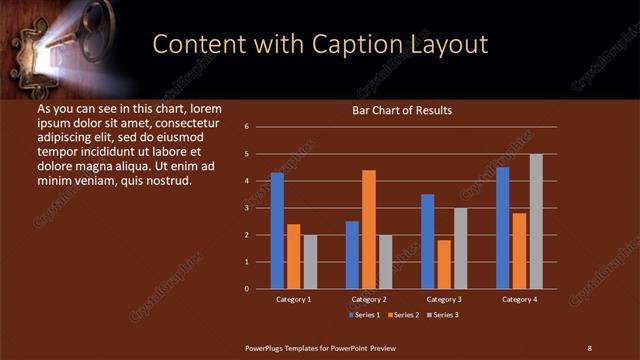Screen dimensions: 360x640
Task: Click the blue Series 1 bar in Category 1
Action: click(x=277, y=231)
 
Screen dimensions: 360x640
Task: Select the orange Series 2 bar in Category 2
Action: click(x=369, y=229)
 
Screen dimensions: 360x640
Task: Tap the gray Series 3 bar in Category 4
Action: click(x=536, y=221)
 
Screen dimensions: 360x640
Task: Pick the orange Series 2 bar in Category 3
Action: click(x=444, y=264)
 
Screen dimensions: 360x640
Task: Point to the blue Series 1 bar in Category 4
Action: click(x=503, y=228)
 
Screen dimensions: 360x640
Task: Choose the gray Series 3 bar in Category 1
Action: click(x=310, y=262)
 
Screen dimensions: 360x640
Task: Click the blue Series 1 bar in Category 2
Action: click(x=352, y=255)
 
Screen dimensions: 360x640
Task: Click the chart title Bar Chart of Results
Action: click(x=402, y=110)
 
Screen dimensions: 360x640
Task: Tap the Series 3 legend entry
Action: click(x=442, y=315)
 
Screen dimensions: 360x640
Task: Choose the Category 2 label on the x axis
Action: click(x=369, y=299)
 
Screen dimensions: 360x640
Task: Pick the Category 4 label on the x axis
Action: click(x=519, y=299)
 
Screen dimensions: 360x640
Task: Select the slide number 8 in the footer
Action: click(x=589, y=347)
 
